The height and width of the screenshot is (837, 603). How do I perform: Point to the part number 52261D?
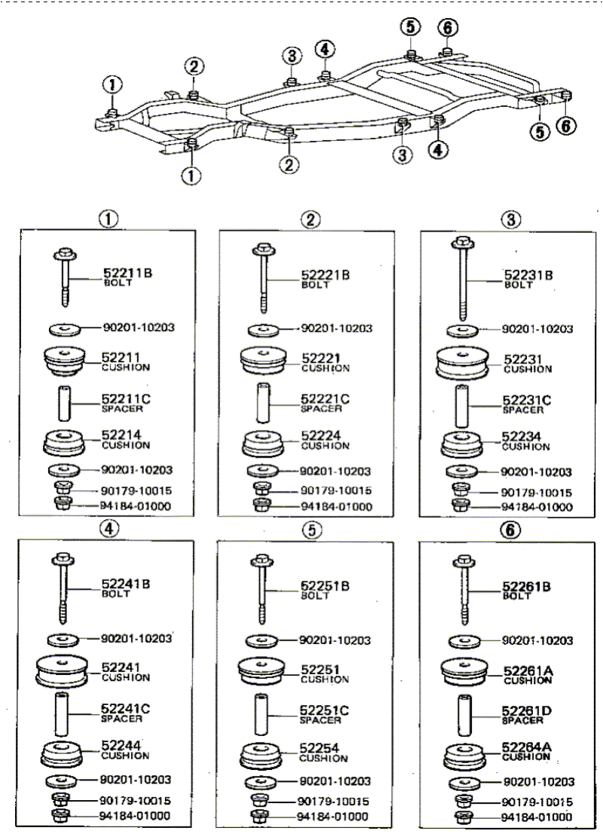pos(528,711)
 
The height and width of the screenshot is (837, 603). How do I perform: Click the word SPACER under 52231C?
pos(523,410)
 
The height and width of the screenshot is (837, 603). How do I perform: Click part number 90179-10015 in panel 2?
pos(335,490)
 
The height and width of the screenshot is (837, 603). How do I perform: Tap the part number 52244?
pos(121,746)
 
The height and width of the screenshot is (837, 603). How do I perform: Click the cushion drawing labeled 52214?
pos(64,443)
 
